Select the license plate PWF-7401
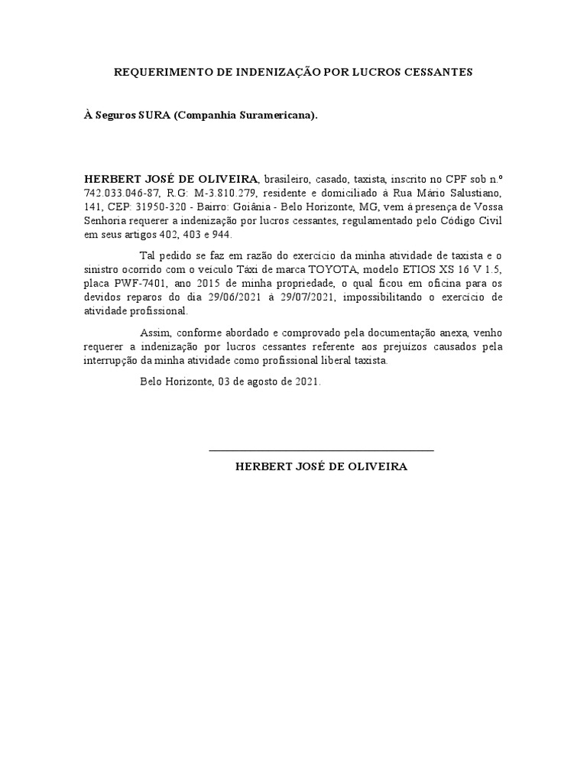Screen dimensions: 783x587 [x=145, y=284]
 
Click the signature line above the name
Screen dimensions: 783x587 [x=321, y=450]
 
